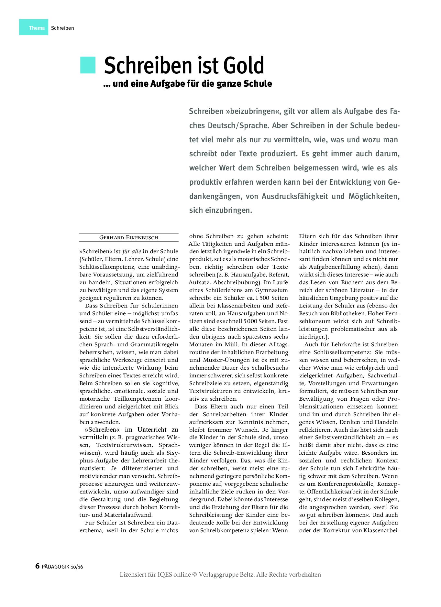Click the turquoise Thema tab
34,27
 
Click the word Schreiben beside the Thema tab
62,28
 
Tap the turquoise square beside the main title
88,65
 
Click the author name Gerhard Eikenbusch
128,238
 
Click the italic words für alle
131,251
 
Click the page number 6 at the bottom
37,566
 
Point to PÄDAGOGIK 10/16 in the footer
62,567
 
